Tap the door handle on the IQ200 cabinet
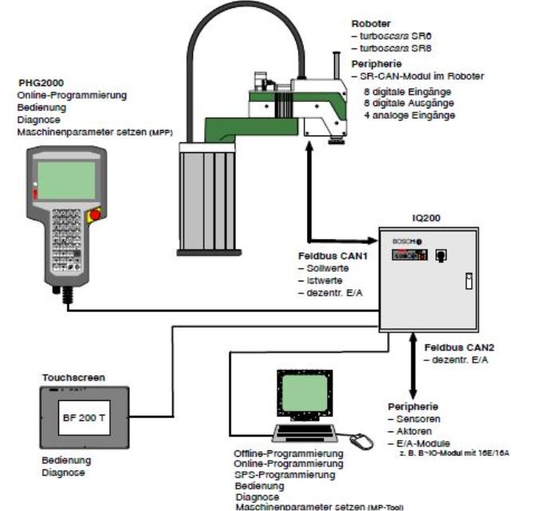pos(469,280)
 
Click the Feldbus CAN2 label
pos(457,348)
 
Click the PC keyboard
pos(301,434)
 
